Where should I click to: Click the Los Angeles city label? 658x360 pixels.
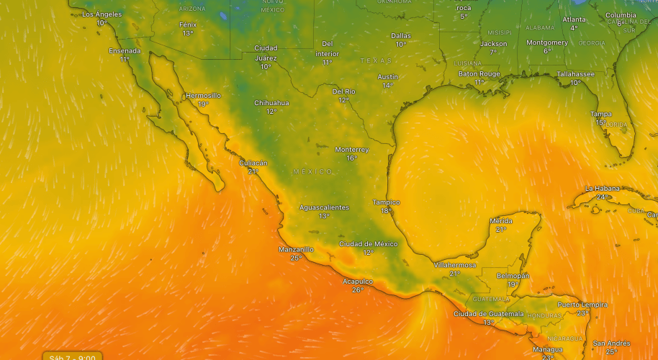pos(102,14)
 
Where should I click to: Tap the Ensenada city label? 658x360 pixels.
pos(125,51)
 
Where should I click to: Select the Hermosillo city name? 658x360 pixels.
pos(203,95)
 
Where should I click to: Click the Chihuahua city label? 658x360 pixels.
pos(271,103)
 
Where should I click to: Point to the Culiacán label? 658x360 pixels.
pos(253,163)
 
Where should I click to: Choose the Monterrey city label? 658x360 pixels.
pos(351,149)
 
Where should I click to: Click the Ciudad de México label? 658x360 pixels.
pos(368,243)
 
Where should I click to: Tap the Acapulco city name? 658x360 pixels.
pos(357,281)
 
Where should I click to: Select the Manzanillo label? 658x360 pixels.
pos(296,249)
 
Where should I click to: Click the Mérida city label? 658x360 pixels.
pos(501,220)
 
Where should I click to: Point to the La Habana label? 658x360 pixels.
pos(601,188)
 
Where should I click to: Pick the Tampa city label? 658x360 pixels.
pos(600,114)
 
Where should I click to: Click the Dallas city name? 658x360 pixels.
pos(401,35)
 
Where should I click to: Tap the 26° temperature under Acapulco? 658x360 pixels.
pos(357,289)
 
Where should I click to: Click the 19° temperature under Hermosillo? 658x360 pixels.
pos(203,104)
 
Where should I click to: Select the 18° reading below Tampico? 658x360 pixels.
pos(386,211)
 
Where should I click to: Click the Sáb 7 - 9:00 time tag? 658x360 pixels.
pos(73,356)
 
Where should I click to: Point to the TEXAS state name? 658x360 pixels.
pos(377,60)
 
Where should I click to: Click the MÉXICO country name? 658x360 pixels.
pos(313,171)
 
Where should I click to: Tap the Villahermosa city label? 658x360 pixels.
pos(454,265)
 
